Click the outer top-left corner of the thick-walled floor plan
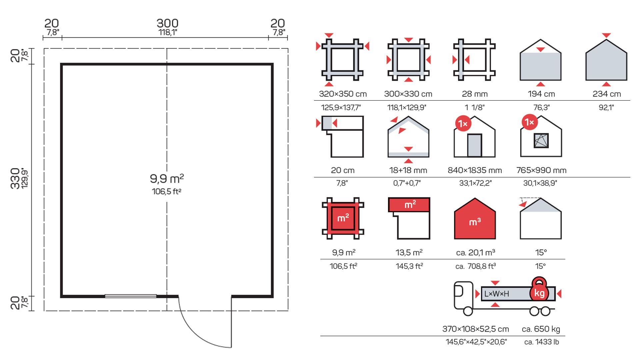pyautogui.click(x=61, y=63)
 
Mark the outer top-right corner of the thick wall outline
pyautogui.click(x=273, y=63)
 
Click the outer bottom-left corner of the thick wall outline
pyautogui.click(x=61, y=297)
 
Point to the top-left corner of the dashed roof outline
pyautogui.click(x=44, y=49)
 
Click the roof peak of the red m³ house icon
pyautogui.click(x=475, y=198)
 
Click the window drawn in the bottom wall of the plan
pyautogui.click(x=131, y=296)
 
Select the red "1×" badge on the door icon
pyautogui.click(x=463, y=124)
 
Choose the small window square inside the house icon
pyautogui.click(x=541, y=141)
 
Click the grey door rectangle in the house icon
pyautogui.click(x=474, y=145)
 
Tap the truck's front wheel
pyautogui.click(x=468, y=311)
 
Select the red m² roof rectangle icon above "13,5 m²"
pyautogui.click(x=409, y=205)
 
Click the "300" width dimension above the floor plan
pyautogui.click(x=167, y=23)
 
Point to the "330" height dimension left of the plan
pyautogui.click(x=15, y=179)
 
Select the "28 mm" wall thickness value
pyautogui.click(x=475, y=94)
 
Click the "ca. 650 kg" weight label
pyautogui.click(x=541, y=329)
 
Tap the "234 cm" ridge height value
pyautogui.click(x=607, y=94)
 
